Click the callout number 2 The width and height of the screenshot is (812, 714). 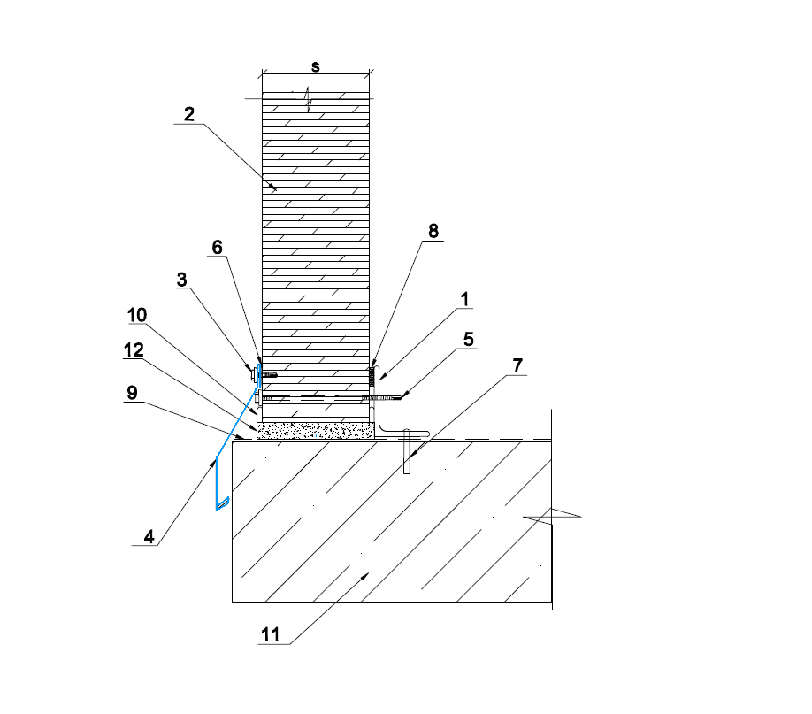[189, 114]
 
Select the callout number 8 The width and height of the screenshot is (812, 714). [433, 231]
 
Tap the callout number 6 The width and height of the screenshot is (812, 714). [218, 247]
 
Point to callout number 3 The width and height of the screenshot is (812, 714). [181, 280]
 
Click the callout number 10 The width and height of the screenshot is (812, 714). [137, 315]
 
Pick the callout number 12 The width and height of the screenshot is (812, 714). [134, 350]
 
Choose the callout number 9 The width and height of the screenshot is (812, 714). [133, 393]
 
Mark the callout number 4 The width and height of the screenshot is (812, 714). [149, 537]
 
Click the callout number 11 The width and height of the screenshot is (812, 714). [271, 634]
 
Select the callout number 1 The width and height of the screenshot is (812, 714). [464, 299]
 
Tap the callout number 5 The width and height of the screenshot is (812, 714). [468, 340]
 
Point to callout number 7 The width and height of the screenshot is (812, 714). [517, 365]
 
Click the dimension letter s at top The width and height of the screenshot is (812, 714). [316, 67]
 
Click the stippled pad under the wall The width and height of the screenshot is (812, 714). [316, 431]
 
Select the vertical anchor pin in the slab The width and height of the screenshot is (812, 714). [407, 451]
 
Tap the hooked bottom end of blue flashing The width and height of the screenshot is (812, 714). [223, 503]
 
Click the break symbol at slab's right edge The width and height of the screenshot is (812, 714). [552, 517]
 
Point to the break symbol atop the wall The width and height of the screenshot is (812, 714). [309, 99]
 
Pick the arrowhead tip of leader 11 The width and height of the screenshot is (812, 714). [368, 573]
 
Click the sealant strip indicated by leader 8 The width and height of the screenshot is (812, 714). [372, 376]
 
